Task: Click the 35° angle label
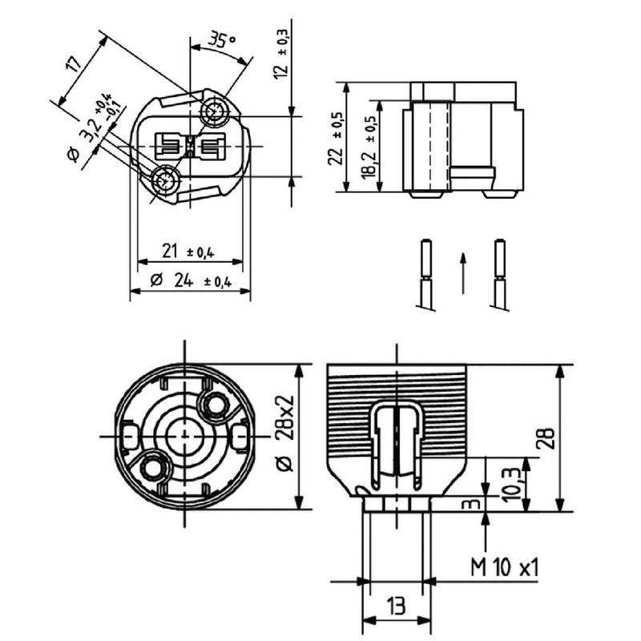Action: click(222, 40)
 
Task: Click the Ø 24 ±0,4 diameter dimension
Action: click(190, 281)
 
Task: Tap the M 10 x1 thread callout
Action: click(504, 568)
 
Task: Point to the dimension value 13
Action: click(395, 605)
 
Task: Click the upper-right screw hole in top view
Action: click(215, 111)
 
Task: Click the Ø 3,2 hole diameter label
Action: click(88, 128)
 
